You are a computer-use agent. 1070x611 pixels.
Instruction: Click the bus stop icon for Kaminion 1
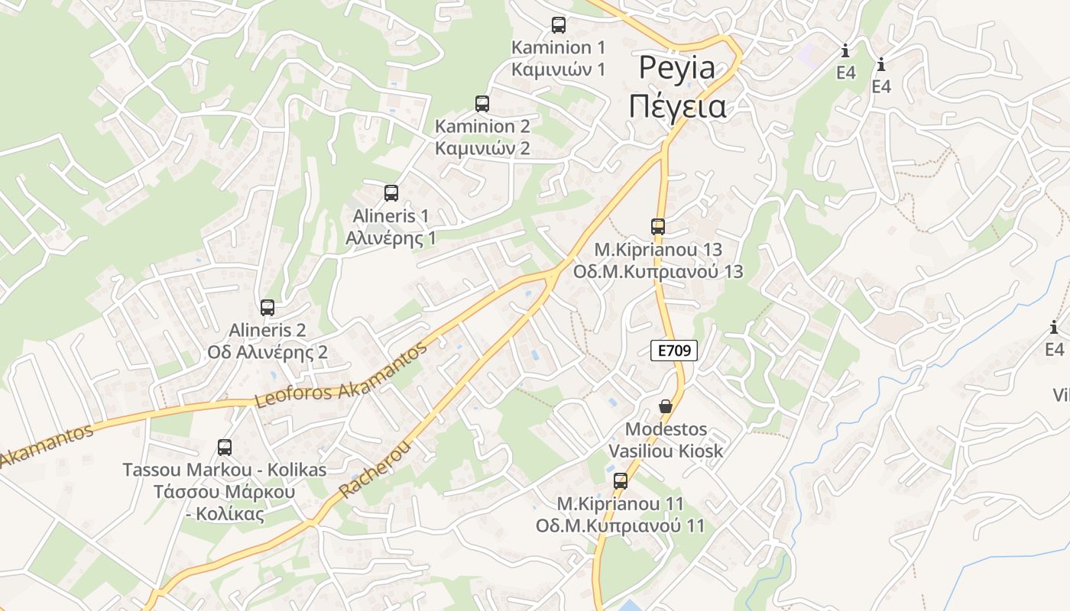coord(559,25)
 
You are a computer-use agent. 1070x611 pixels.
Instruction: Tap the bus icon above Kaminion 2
coord(482,104)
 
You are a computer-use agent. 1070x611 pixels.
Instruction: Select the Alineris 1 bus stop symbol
coord(391,193)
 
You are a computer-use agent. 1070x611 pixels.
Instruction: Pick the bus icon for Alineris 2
coord(267,308)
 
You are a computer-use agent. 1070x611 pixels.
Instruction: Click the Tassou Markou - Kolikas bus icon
coord(225,448)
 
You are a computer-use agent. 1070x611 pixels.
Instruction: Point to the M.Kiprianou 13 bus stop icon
coord(658,227)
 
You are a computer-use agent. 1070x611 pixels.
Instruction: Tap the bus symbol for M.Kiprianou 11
coord(621,481)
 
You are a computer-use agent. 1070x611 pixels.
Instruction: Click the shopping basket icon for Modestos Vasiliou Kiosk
coord(666,406)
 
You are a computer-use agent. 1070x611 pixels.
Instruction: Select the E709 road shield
coord(674,351)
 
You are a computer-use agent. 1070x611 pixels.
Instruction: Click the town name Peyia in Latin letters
coord(677,68)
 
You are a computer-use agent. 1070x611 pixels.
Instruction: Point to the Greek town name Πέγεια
coord(677,106)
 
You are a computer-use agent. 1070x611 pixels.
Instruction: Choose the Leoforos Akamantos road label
coord(341,375)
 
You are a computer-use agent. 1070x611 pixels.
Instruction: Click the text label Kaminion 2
coord(482,126)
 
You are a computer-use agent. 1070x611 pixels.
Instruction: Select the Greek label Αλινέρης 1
coord(391,238)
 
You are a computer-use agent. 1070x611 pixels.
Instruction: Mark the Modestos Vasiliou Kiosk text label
coord(666,440)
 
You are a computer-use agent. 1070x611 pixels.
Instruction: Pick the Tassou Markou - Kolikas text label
coord(225,470)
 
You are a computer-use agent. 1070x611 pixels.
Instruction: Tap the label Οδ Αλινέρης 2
coord(267,352)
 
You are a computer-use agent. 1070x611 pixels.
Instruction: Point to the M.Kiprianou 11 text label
coord(621,504)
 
